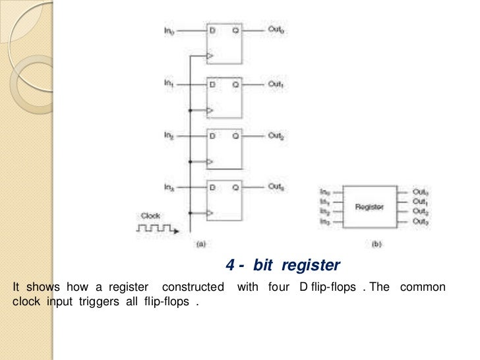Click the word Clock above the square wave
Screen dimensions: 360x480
[150, 215]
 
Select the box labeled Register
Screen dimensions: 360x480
[369, 206]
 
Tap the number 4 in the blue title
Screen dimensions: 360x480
[230, 266]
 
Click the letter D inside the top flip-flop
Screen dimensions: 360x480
[212, 31]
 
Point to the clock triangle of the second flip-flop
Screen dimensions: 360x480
[210, 109]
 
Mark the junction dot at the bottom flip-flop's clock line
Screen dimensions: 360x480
[189, 213]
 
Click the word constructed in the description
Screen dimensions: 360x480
[193, 287]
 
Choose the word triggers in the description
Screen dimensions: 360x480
[96, 302]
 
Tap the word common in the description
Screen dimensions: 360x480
[423, 287]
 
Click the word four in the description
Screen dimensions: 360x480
[280, 287]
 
